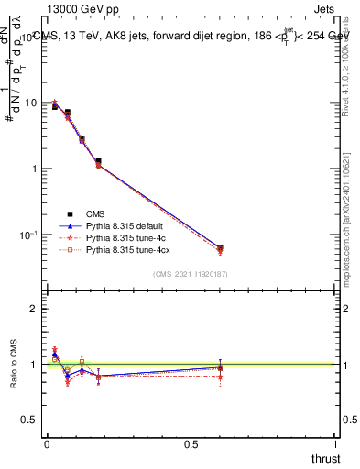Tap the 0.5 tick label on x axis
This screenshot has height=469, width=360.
coord(191,444)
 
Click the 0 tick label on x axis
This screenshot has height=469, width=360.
coord(47,444)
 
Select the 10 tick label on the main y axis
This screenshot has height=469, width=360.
coord(31,103)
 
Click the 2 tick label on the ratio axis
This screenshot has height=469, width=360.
coord(35,309)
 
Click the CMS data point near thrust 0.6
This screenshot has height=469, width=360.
coord(220,247)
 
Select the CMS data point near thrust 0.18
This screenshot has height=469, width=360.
coord(98,162)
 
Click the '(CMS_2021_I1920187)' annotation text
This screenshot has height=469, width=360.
coord(191,274)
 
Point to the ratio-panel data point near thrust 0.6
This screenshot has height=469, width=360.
coord(220,368)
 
